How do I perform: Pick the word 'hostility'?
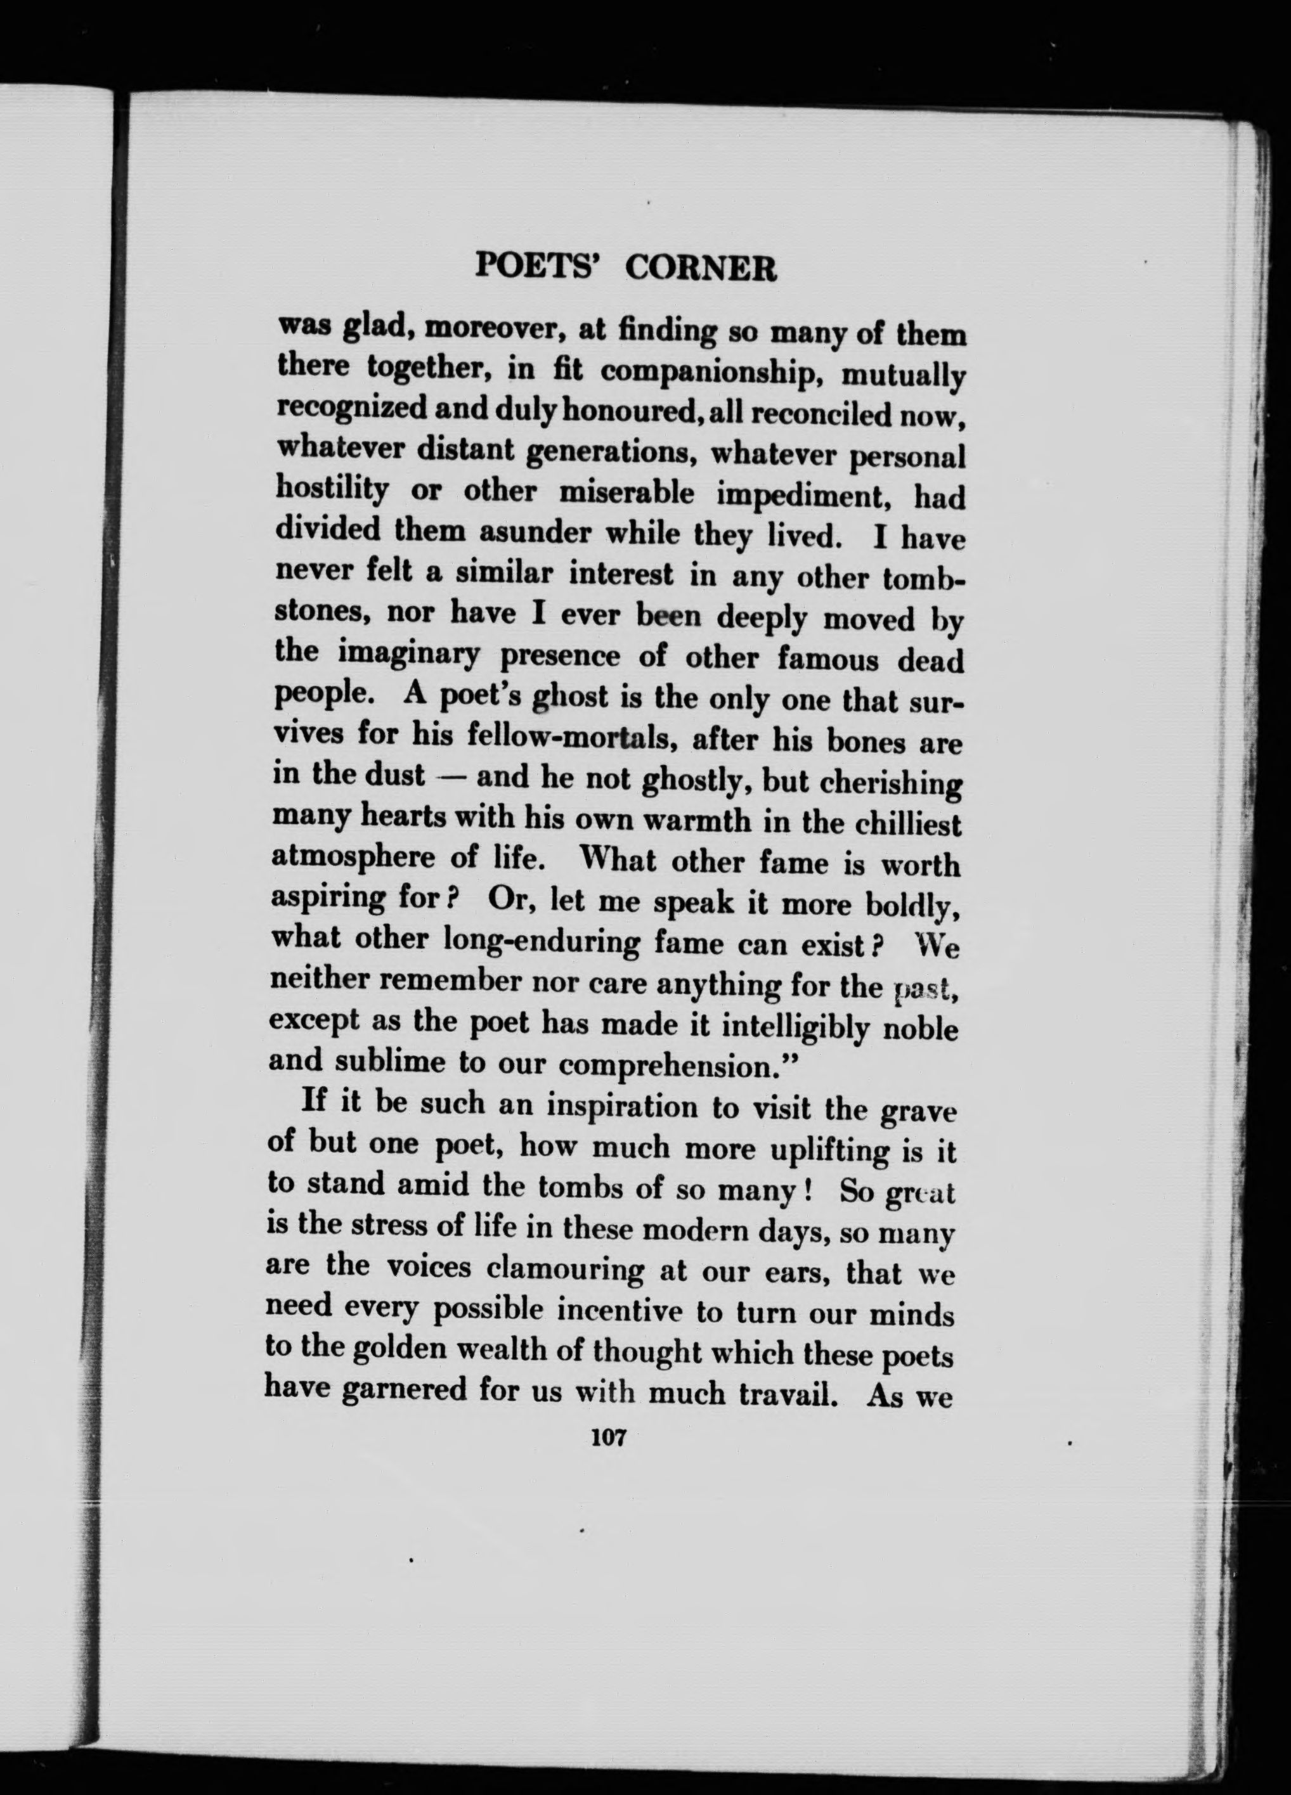click(332, 491)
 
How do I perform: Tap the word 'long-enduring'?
click(541, 942)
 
